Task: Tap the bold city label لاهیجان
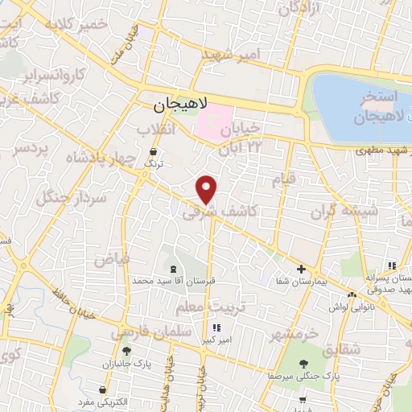click(x=180, y=105)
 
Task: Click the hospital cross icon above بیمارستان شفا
click(x=302, y=269)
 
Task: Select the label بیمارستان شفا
click(x=303, y=281)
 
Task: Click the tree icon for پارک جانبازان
click(x=126, y=351)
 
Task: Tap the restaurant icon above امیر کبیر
click(x=216, y=328)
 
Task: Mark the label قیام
click(x=283, y=179)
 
